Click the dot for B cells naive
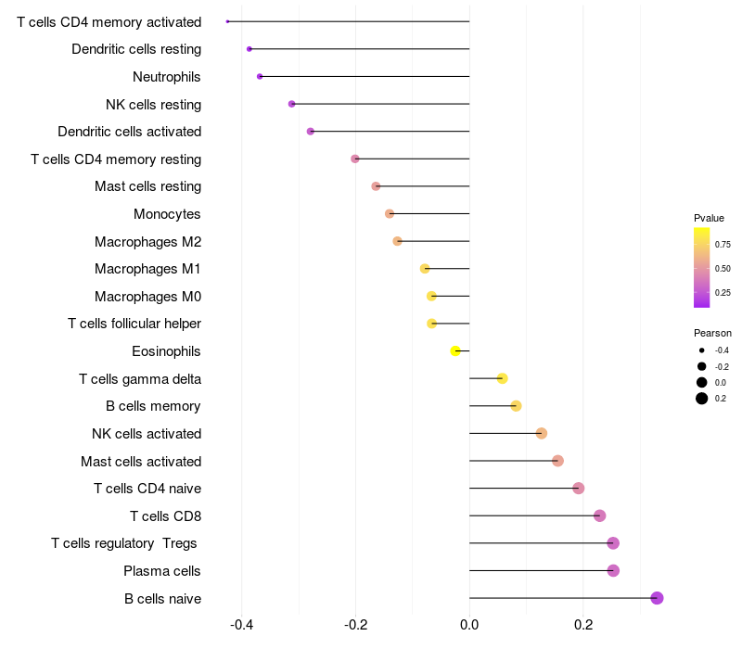657,598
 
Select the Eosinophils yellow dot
455,351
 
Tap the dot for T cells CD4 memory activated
227,21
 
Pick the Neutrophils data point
260,77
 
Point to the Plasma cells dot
613,570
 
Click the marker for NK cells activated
542,433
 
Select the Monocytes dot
390,214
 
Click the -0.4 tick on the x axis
241,625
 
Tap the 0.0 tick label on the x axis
469,625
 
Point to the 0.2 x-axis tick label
583,625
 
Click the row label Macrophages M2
148,242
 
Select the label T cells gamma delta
140,379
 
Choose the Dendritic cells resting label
136,49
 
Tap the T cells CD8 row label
166,516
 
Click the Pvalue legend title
709,218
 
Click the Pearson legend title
712,333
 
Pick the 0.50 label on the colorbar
723,269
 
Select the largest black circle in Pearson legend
702,399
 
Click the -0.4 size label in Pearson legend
722,350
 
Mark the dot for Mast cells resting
376,186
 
